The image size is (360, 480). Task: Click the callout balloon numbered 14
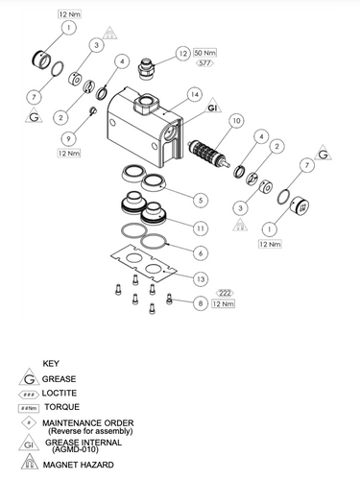click(x=194, y=95)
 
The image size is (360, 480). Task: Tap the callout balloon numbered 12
click(x=182, y=53)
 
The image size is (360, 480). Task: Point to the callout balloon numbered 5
click(x=201, y=200)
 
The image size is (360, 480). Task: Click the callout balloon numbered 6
click(x=200, y=252)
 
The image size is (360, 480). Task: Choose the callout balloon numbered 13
click(x=200, y=278)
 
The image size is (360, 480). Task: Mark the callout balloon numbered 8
click(x=200, y=303)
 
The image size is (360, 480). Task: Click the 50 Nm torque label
click(x=205, y=52)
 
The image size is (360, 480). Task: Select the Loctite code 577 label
click(x=204, y=62)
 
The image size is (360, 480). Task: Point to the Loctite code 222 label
click(x=224, y=292)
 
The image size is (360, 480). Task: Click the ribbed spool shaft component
click(x=204, y=153)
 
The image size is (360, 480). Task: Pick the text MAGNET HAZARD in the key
click(x=78, y=465)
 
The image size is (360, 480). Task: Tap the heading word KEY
click(x=52, y=363)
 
